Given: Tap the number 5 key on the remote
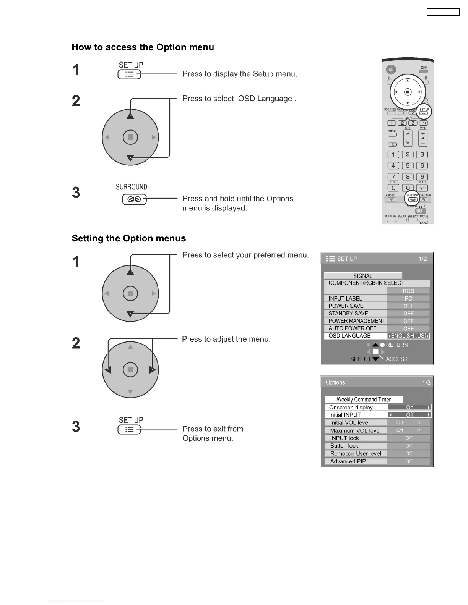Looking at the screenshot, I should (x=408, y=165).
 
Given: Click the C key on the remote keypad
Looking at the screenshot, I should (x=393, y=188).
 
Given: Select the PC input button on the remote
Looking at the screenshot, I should (x=423, y=123).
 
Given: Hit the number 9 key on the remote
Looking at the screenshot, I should (x=422, y=176).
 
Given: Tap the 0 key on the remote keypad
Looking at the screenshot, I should (x=408, y=188).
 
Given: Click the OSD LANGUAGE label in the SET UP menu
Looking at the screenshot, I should (x=349, y=336).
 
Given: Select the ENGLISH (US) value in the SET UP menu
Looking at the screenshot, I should (x=408, y=336).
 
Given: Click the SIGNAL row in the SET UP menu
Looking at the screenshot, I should (x=363, y=276).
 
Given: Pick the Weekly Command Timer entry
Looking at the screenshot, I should (x=364, y=400).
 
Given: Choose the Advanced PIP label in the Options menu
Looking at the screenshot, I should (x=348, y=461).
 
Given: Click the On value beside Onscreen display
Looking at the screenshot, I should (x=409, y=407).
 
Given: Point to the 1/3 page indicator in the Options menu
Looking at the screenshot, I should (x=426, y=383).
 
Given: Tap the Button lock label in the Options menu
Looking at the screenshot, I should (x=344, y=446).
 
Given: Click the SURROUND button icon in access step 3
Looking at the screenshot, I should (x=134, y=199).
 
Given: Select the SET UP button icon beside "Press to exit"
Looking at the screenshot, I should (x=130, y=430).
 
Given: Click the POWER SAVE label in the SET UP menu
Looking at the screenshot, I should (x=346, y=306).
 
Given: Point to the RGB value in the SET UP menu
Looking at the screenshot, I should (x=408, y=291).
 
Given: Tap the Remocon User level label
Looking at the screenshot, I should (x=356, y=453).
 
